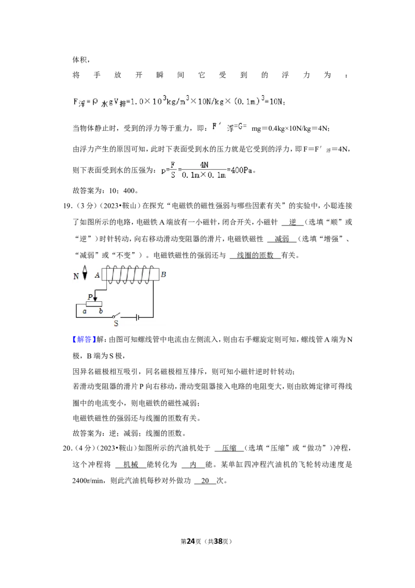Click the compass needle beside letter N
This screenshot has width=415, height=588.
[85, 273]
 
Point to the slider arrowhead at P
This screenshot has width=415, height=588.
[95, 299]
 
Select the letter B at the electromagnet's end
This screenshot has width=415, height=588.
[163, 274]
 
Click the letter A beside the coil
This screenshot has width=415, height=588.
[98, 275]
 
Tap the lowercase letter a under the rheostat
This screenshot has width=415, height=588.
[85, 311]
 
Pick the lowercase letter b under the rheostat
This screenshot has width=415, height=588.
[101, 311]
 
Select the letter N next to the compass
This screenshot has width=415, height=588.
[76, 276]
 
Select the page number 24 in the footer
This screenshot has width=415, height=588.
[191, 541]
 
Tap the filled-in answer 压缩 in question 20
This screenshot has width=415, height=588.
[229, 448]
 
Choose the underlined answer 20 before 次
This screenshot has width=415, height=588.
[205, 481]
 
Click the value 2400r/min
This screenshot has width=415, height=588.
[88, 481]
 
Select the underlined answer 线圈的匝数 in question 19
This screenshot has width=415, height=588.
[255, 256]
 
